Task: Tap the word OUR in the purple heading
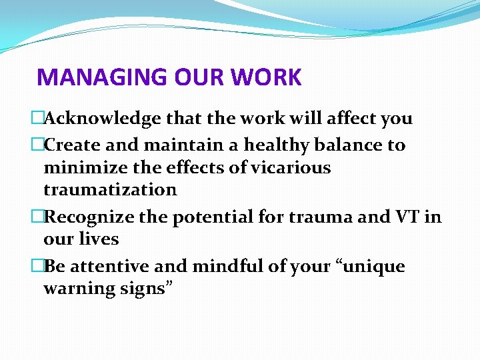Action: pyautogui.click(x=190, y=77)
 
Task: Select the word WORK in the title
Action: pyautogui.click(x=266, y=77)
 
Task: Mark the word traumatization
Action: pyautogui.click(x=110, y=189)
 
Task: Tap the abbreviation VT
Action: pyautogui.click(x=408, y=217)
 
